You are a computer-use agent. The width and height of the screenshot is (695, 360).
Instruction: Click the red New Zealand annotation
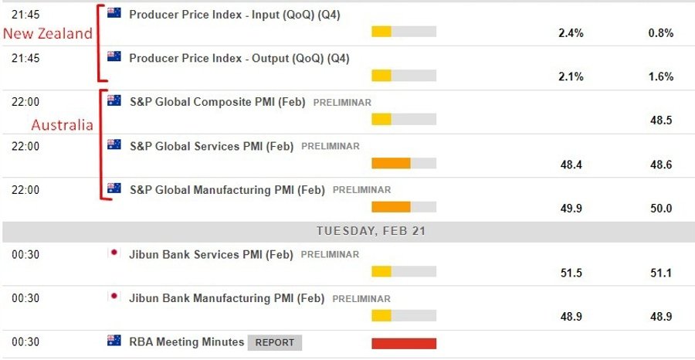pyautogui.click(x=47, y=34)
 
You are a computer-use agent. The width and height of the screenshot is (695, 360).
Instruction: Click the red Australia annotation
pyautogui.click(x=61, y=124)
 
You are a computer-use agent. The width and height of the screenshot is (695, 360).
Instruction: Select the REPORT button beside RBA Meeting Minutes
pyautogui.click(x=275, y=342)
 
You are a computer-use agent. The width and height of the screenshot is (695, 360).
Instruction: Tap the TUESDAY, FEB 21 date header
pyautogui.click(x=371, y=231)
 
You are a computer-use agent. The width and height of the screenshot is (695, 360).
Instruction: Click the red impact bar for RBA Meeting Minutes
pyautogui.click(x=403, y=344)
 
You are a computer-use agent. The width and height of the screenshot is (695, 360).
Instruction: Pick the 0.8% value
pyautogui.click(x=661, y=33)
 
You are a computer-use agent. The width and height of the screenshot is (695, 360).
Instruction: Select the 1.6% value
pyautogui.click(x=661, y=76)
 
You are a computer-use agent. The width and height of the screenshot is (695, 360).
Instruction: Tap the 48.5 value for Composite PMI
pyautogui.click(x=661, y=121)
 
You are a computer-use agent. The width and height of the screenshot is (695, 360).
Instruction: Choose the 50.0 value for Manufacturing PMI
pyautogui.click(x=661, y=208)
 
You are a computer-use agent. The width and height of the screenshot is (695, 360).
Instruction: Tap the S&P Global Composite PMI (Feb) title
pyautogui.click(x=217, y=102)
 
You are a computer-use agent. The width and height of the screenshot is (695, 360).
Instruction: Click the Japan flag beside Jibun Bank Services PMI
pyautogui.click(x=114, y=253)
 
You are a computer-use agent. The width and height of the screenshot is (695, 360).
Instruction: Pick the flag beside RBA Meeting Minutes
pyautogui.click(x=114, y=341)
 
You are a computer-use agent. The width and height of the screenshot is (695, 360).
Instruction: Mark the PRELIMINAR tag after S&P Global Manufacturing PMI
pyautogui.click(x=361, y=189)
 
